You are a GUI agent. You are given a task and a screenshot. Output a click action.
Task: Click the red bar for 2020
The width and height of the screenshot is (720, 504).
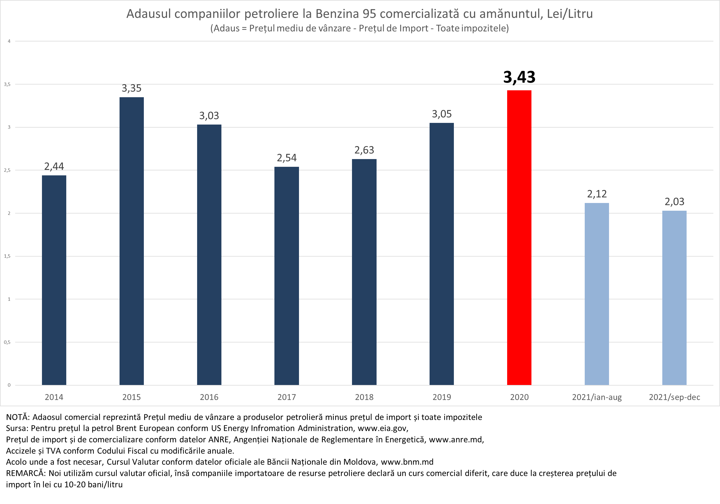[519, 238]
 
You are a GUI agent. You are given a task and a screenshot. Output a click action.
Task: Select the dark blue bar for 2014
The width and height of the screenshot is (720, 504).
[54, 280]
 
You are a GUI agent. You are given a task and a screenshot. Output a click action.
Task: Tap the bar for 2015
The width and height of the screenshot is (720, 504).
[131, 241]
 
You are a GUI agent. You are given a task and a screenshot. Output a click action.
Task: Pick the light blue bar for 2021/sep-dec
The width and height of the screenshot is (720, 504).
[674, 298]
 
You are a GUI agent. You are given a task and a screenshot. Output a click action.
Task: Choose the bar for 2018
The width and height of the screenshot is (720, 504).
[364, 272]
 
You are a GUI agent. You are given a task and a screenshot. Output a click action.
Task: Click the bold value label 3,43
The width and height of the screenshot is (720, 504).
[519, 77]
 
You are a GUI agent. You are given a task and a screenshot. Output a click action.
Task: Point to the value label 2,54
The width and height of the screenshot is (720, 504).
[287, 158]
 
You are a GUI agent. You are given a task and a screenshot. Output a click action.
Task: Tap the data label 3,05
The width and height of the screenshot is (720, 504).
[441, 114]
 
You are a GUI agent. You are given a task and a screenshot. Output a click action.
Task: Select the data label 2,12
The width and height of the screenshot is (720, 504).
[597, 194]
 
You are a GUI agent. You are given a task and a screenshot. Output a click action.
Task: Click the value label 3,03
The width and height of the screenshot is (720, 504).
[209, 116]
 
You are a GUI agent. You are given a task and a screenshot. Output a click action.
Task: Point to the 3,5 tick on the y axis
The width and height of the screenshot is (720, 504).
[7, 84]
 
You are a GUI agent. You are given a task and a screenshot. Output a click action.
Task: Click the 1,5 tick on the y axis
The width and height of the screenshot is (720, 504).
[7, 256]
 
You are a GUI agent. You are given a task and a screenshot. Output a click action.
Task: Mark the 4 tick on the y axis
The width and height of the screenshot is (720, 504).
[9, 41]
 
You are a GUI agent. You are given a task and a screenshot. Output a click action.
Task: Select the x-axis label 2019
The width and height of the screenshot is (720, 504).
[441, 397]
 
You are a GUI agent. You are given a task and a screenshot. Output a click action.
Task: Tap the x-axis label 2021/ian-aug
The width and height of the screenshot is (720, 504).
[597, 397]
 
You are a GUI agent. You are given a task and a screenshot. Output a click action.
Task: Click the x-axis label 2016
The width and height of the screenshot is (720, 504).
[209, 397]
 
